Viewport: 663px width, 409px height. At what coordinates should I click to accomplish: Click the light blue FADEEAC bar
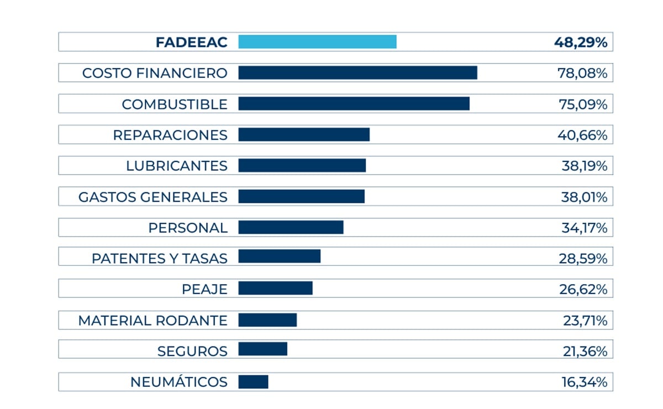[x=317, y=42]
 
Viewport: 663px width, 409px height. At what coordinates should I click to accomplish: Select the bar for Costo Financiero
[x=357, y=73]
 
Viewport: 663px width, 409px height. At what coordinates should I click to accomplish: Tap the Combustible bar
[x=354, y=104]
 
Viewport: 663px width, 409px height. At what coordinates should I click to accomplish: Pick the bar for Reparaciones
[x=304, y=135]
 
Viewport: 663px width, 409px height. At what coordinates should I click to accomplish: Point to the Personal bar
[x=291, y=227]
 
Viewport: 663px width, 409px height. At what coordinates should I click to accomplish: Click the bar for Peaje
[x=275, y=288]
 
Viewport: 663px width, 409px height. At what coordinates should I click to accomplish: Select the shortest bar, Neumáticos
[x=253, y=382]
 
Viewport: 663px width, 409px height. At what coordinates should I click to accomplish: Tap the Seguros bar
[x=262, y=349]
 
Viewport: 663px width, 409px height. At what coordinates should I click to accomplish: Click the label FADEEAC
[x=191, y=43]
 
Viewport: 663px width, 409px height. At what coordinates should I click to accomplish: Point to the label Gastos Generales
[x=152, y=197]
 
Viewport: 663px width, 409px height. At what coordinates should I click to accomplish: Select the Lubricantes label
[x=176, y=166]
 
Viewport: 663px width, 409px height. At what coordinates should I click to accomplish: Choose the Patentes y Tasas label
[x=159, y=258]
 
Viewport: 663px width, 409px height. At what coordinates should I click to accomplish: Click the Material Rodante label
[x=152, y=320]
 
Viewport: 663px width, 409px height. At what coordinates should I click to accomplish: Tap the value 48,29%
[x=581, y=43]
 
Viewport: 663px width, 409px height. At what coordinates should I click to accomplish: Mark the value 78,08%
[x=582, y=73]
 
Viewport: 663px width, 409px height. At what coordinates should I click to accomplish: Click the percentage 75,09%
[x=582, y=104]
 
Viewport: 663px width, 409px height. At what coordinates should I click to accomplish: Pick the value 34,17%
[x=584, y=227]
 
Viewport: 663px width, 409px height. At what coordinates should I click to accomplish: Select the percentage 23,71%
[x=583, y=320]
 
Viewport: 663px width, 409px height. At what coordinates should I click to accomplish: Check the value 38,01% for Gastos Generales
[x=584, y=197]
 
